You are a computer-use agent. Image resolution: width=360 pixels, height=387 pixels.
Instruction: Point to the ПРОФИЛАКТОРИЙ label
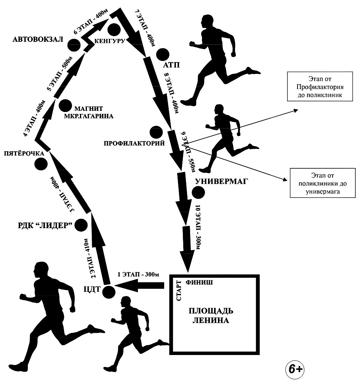click(134, 144)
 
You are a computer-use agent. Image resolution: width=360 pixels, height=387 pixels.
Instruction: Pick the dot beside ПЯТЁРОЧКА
click(41, 164)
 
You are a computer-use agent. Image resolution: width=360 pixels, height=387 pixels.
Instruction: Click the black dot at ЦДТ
click(108, 292)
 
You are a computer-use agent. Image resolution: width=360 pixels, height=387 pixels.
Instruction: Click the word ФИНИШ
click(199, 283)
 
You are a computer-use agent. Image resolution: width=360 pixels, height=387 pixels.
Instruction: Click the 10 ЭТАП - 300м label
click(198, 227)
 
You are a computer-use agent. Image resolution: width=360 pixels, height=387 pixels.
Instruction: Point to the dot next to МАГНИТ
click(65, 106)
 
